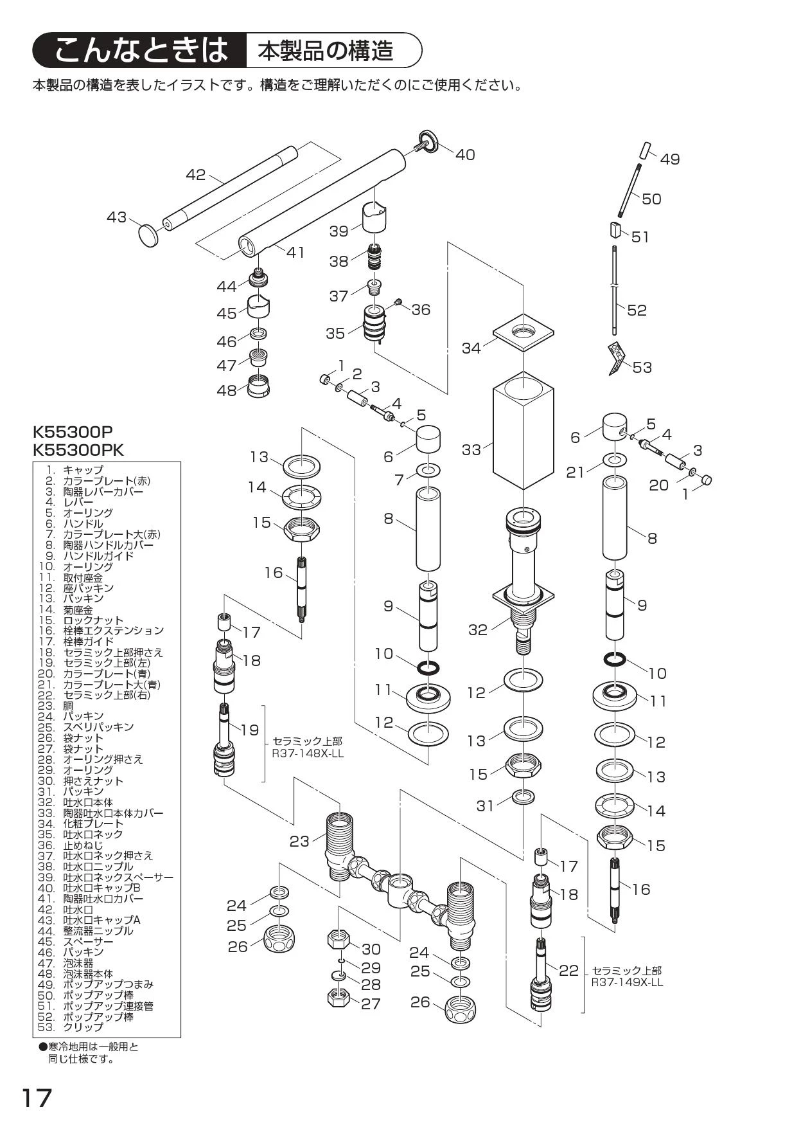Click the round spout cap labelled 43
[149, 235]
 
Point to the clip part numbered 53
[615, 359]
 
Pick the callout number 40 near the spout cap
[465, 155]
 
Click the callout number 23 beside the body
[299, 841]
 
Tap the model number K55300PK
[78, 449]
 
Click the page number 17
[37, 1098]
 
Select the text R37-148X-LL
[308, 753]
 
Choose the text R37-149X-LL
[627, 982]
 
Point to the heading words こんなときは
[141, 50]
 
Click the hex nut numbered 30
[339, 940]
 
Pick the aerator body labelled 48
[258, 388]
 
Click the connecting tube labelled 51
[615, 230]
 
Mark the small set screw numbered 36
[398, 302]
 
